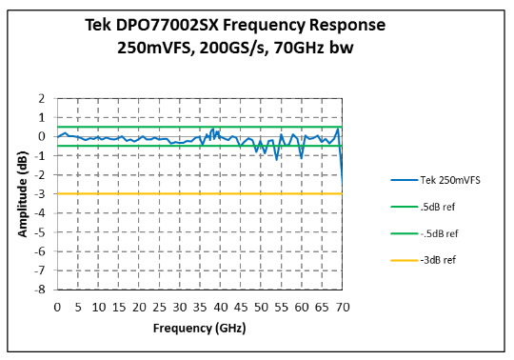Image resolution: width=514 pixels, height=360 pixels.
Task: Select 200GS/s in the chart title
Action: pyautogui.click(x=242, y=47)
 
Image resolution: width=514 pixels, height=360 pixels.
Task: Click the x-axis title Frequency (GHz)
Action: pyautogui.click(x=199, y=328)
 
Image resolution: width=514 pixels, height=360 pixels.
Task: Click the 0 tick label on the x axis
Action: pyautogui.click(x=57, y=307)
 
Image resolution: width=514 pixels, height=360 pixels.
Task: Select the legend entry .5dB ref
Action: pyautogui.click(x=439, y=206)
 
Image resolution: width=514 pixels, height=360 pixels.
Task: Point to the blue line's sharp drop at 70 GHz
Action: pyautogui.click(x=341, y=157)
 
